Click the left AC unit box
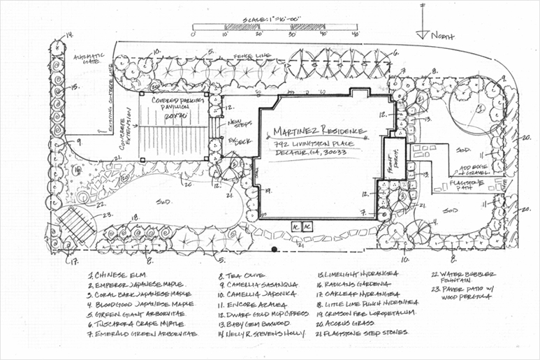click(297, 227)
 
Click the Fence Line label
click(248, 53)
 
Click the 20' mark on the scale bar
click(258, 34)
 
